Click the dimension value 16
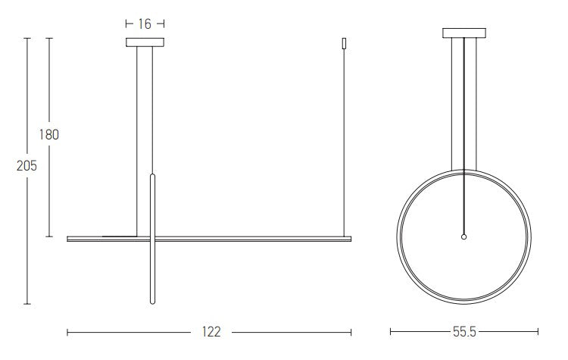[x=145, y=24]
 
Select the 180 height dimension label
[x=48, y=135]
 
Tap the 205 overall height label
[x=27, y=165]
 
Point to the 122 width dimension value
[x=211, y=331]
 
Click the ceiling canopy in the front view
[x=145, y=42]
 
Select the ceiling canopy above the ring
[x=464, y=33]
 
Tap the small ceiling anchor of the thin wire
[x=345, y=44]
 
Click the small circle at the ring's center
[x=464, y=236]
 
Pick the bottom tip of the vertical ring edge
[x=154, y=302]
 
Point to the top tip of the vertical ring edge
[x=154, y=175]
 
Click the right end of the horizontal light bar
[x=351, y=239]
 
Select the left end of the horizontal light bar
[x=68, y=239]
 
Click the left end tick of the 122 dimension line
[x=68, y=331]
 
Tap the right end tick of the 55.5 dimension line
[x=538, y=331]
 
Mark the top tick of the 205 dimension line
[x=27, y=38]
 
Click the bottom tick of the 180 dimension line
[x=49, y=236]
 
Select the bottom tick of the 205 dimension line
[x=27, y=304]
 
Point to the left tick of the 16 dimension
[x=126, y=24]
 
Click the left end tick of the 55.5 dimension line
[x=391, y=331]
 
